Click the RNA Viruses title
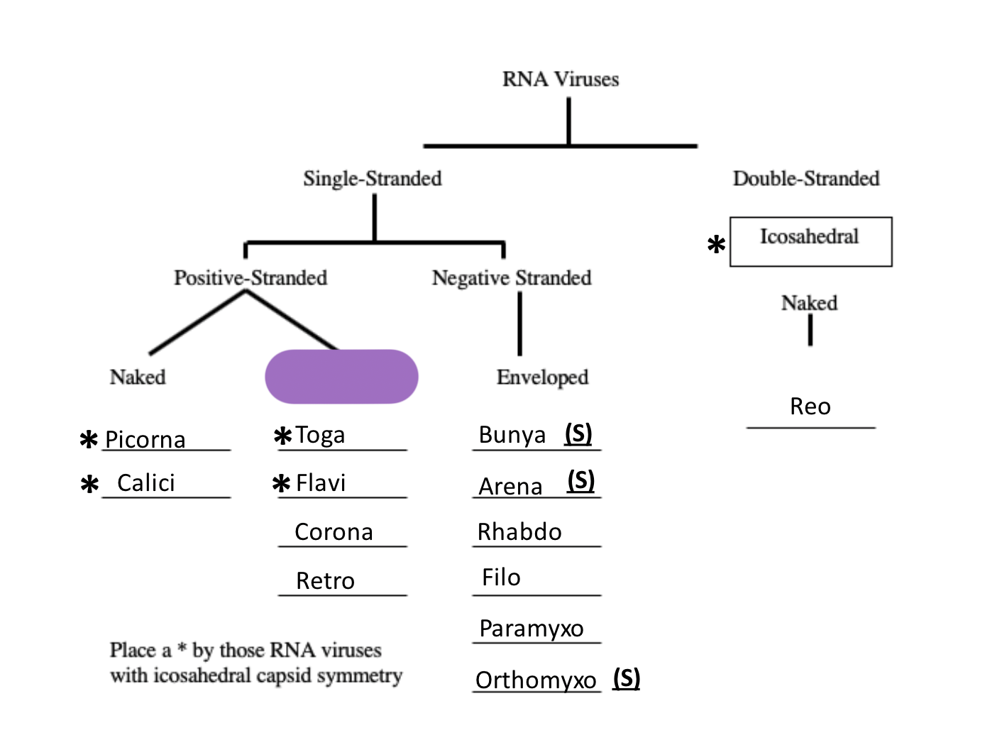[x=561, y=79]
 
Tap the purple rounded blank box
[x=341, y=376]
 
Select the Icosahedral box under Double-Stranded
[x=810, y=241]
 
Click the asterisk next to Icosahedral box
[x=716, y=245]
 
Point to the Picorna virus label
[x=145, y=440]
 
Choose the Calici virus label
[x=145, y=483]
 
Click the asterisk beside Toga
[x=282, y=436]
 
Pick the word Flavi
[x=321, y=483]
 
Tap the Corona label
[x=334, y=532]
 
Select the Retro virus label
[x=325, y=581]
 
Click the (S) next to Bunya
[x=578, y=433]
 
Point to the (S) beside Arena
[x=580, y=481]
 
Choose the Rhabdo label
[x=519, y=532]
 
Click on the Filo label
[x=501, y=578]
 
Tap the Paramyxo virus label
[x=532, y=629]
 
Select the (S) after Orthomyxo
[x=627, y=678]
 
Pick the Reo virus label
[x=810, y=407]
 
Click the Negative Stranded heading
[x=512, y=277]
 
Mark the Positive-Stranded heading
[x=250, y=277]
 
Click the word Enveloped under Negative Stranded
[x=542, y=377]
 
